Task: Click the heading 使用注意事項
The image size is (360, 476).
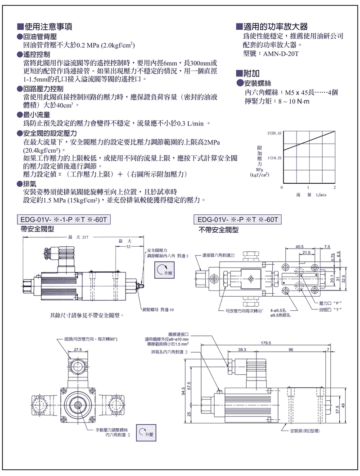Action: click(48, 27)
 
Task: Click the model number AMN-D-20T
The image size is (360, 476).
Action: click(279, 53)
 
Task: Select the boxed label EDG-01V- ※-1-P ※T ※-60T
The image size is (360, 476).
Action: click(63, 220)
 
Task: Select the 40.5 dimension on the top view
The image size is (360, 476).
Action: click(300, 246)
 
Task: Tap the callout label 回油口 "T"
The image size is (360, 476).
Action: click(332, 310)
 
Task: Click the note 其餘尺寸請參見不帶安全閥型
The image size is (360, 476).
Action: click(86, 315)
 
